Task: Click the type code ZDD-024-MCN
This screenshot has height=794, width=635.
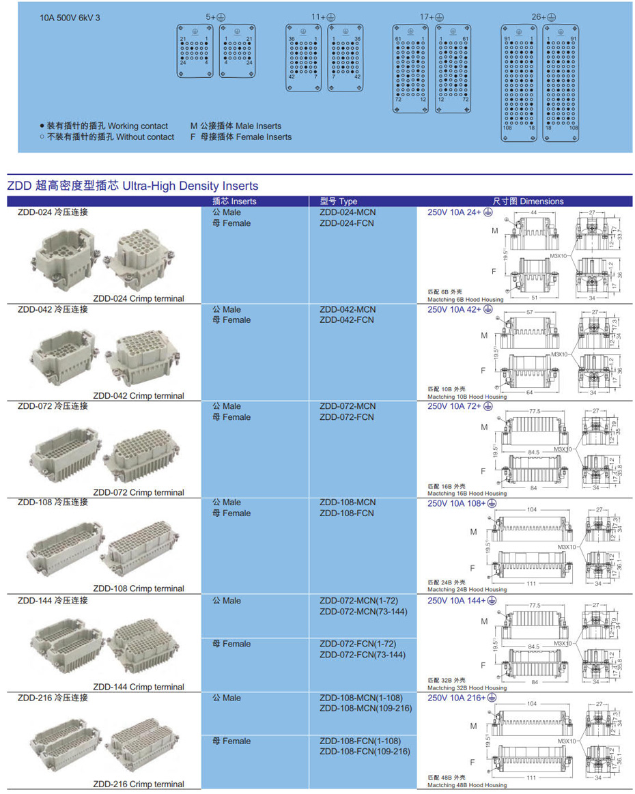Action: (347, 212)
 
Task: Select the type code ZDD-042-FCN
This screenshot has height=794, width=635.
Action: (346, 320)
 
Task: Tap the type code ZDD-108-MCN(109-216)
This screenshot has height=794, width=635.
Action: (366, 708)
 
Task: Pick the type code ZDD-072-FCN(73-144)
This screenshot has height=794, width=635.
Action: (362, 655)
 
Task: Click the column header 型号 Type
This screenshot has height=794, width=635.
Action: (338, 201)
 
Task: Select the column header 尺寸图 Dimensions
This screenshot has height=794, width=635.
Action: (528, 201)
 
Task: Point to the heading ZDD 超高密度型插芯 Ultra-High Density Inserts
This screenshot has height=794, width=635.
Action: (132, 186)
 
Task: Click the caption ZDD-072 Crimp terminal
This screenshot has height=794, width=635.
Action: (139, 492)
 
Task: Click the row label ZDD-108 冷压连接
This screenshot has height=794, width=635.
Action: (53, 502)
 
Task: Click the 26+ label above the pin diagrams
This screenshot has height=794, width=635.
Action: (544, 17)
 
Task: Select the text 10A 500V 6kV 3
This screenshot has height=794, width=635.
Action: (70, 18)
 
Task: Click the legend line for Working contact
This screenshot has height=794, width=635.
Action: (103, 126)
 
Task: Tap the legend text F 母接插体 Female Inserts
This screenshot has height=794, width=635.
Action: (240, 137)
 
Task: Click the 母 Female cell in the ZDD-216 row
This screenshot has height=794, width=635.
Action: (231, 741)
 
